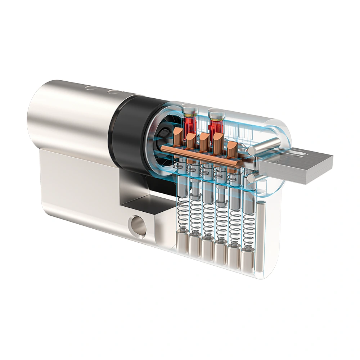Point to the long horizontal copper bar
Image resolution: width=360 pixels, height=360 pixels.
(202, 156)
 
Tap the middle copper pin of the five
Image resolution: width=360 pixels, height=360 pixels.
(205, 141)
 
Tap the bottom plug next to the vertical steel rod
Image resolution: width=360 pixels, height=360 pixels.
(247, 259)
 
